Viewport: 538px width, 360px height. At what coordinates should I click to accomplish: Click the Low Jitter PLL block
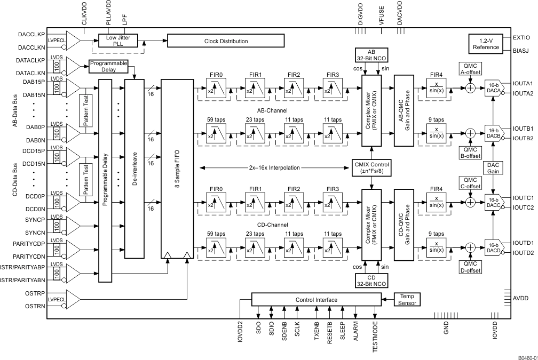pyautogui.click(x=118, y=41)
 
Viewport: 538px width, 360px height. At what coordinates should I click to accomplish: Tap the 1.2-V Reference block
pyautogui.click(x=486, y=43)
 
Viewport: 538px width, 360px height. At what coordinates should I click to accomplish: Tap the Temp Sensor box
pyautogui.click(x=407, y=299)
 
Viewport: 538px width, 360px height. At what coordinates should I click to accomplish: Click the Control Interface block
pyautogui.click(x=317, y=300)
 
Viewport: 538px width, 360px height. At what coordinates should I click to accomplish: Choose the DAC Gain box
pyautogui.click(x=493, y=167)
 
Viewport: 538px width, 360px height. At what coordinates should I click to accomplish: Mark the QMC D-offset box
pyautogui.click(x=470, y=267)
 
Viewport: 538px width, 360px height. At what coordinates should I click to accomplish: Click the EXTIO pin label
pyautogui.click(x=521, y=38)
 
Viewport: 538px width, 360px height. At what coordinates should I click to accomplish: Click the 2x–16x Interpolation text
pyautogui.click(x=275, y=167)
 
